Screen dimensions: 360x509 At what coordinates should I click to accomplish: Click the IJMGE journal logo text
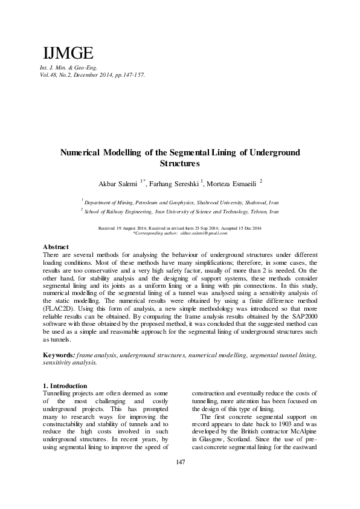(x=65, y=52)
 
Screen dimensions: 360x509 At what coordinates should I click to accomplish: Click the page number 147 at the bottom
(x=179, y=479)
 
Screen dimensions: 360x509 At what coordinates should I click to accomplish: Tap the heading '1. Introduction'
(x=66, y=386)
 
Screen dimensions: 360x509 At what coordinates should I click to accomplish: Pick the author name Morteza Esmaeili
(x=231, y=183)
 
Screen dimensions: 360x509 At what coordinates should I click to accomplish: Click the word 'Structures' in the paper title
(x=179, y=163)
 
